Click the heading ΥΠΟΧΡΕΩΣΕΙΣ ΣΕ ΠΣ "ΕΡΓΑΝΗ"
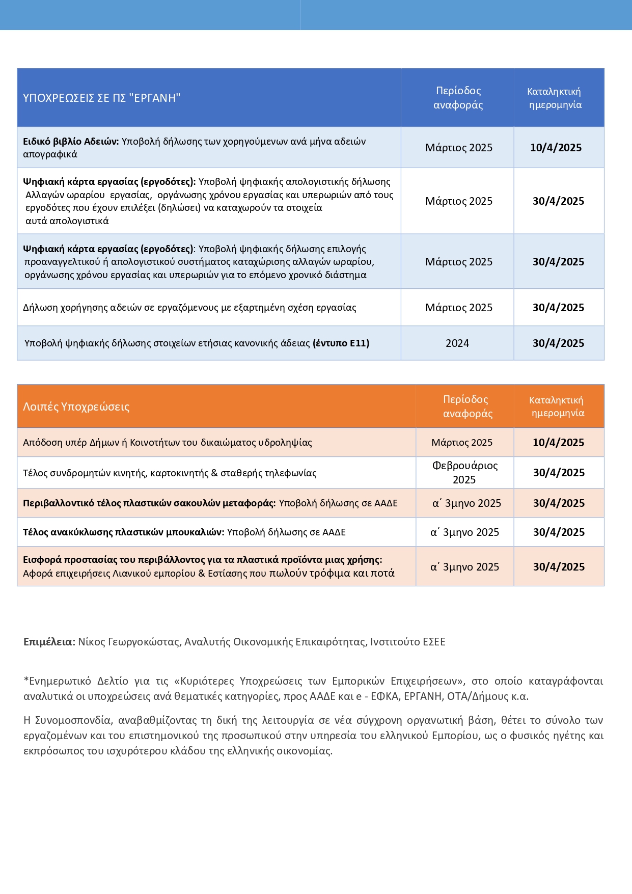point(102,98)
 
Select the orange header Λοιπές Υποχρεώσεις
point(76,407)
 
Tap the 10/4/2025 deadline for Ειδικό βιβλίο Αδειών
point(556,148)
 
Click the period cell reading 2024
point(457,343)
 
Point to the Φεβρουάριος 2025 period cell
point(464,473)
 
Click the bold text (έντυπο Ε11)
point(341,343)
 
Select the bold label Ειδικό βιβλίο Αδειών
point(71,142)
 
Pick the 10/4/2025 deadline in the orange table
point(558,443)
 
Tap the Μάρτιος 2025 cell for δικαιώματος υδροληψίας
point(462,443)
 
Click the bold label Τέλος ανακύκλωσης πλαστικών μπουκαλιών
point(123,532)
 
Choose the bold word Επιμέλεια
point(49,642)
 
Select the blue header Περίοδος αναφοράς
point(458,98)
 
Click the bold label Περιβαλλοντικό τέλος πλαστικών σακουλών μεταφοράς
point(149,503)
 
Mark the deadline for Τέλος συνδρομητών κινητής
point(559,473)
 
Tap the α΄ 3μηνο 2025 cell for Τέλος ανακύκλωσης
point(464,532)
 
